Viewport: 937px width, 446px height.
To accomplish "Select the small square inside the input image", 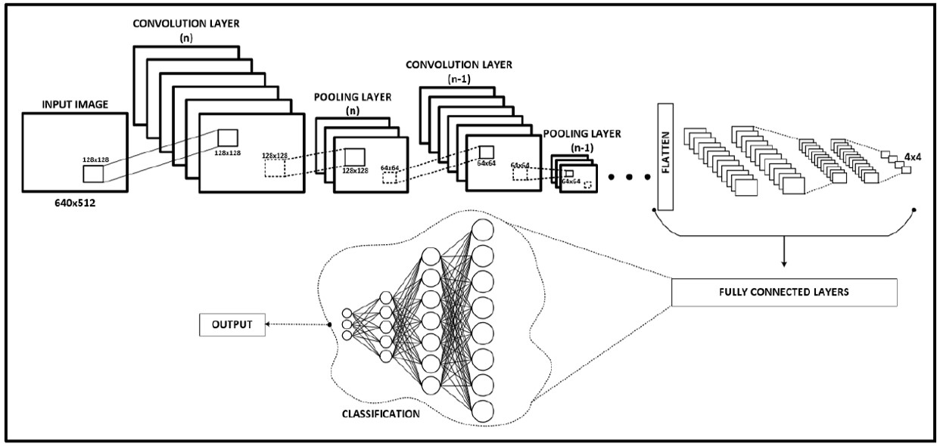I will click(94, 173).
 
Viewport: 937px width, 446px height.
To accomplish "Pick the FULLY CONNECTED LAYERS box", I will click(783, 292).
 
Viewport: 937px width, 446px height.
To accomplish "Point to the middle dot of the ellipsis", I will click(630, 179).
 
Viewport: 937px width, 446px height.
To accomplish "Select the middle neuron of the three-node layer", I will click(347, 325).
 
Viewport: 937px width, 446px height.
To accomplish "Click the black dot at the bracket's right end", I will click(914, 209).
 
